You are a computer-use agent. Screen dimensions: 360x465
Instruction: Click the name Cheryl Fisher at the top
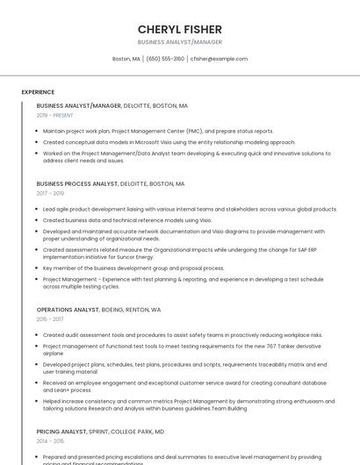(180, 29)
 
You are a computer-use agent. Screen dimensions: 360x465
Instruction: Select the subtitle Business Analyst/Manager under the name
(180, 42)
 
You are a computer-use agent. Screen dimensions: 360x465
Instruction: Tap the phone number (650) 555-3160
(165, 59)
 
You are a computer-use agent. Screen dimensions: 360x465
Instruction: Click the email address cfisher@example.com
(219, 59)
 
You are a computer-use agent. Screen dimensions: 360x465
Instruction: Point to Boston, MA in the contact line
(126, 59)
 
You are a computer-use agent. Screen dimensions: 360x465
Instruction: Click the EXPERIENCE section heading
(38, 92)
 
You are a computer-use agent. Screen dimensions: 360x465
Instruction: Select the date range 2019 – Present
(55, 115)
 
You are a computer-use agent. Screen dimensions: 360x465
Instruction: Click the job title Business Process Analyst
(77, 184)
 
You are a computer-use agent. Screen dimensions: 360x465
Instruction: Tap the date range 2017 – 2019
(50, 193)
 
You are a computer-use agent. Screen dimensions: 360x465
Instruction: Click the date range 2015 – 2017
(50, 319)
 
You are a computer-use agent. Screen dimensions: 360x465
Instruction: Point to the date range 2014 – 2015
(50, 441)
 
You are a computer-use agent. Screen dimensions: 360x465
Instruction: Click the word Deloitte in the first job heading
(138, 105)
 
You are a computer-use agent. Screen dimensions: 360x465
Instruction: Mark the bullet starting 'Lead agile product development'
(190, 210)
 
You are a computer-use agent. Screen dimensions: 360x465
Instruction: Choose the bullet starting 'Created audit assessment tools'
(183, 335)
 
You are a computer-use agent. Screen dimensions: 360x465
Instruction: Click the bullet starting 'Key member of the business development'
(133, 268)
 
